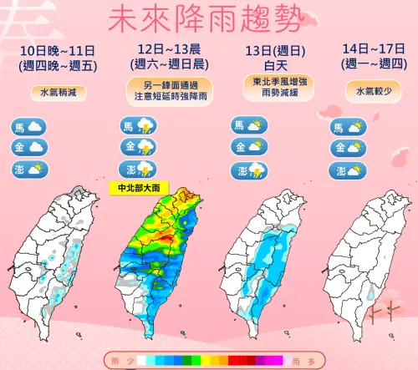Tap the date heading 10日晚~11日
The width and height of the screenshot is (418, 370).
click(x=58, y=52)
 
